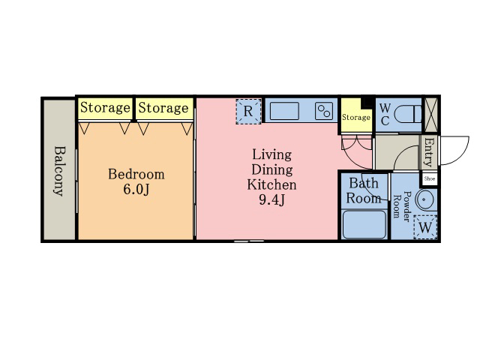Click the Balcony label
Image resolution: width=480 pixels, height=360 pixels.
(60, 171)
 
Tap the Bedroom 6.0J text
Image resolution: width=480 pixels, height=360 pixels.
(136, 181)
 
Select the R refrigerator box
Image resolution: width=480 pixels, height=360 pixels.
(248, 112)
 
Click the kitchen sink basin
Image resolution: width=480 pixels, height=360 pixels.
(284, 111)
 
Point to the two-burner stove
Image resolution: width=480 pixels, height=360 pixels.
(324, 111)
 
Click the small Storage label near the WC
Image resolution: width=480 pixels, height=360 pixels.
(356, 117)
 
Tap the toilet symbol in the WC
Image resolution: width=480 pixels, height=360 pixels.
(407, 114)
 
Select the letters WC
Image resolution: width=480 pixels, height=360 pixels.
(385, 115)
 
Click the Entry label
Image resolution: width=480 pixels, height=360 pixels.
(430, 152)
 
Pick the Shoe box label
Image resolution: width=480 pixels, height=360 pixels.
(430, 178)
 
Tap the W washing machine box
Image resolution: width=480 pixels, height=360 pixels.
(425, 227)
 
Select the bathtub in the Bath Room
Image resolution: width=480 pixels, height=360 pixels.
(364, 225)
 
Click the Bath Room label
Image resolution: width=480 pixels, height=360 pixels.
(364, 191)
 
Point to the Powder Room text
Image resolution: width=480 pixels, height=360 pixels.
(401, 206)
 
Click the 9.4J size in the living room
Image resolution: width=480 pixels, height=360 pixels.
(271, 200)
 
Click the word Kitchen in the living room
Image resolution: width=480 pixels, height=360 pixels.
(271, 185)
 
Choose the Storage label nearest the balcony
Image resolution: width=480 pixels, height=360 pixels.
(105, 108)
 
